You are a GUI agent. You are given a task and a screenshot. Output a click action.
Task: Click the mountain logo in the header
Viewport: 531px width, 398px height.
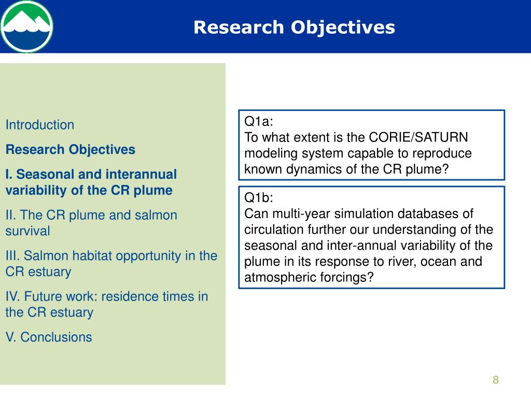point(27,26)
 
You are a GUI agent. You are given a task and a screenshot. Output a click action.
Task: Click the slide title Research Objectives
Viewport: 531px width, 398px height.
point(295,27)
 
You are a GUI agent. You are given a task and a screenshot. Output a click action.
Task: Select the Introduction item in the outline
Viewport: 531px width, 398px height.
point(40,125)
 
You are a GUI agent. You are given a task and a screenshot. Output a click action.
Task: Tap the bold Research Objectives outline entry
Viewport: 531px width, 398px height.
point(71,150)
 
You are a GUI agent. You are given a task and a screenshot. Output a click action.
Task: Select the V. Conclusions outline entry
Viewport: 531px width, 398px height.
point(49,337)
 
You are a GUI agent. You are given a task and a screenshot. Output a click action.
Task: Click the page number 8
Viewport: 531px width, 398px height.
point(496,380)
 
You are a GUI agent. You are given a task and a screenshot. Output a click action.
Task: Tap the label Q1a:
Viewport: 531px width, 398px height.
point(259,121)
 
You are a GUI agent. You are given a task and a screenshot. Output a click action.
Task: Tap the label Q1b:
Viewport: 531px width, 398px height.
point(259,197)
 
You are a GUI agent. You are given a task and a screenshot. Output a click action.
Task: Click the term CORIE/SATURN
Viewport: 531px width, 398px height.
point(418,137)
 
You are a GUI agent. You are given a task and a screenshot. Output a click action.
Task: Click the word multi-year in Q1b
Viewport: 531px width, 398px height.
point(301,214)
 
